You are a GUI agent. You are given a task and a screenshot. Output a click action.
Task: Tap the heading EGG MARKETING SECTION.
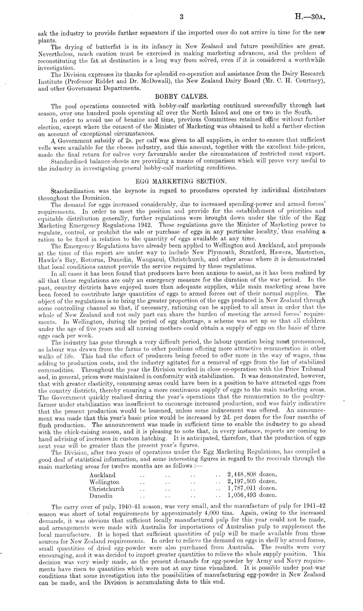point(181,182)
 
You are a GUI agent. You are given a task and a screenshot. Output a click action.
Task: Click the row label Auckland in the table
point(102,475)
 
